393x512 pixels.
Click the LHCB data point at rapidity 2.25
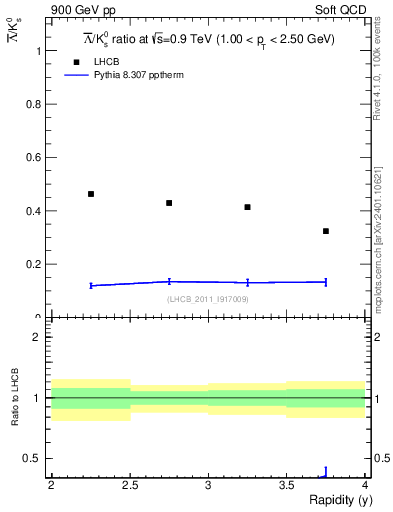pos(91,194)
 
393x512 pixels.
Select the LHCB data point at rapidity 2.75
pos(169,203)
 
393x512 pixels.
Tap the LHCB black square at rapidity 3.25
pos(247,207)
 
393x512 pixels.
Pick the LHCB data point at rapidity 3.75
pos(326,231)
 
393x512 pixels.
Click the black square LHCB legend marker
pos(75,62)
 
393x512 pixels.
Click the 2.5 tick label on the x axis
pos(129,485)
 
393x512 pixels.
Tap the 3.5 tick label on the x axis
pos(287,485)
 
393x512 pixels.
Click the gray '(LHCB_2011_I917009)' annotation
pos(208,299)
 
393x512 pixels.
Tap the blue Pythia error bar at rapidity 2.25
pos(91,286)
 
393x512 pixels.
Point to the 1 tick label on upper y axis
pos(37,50)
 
